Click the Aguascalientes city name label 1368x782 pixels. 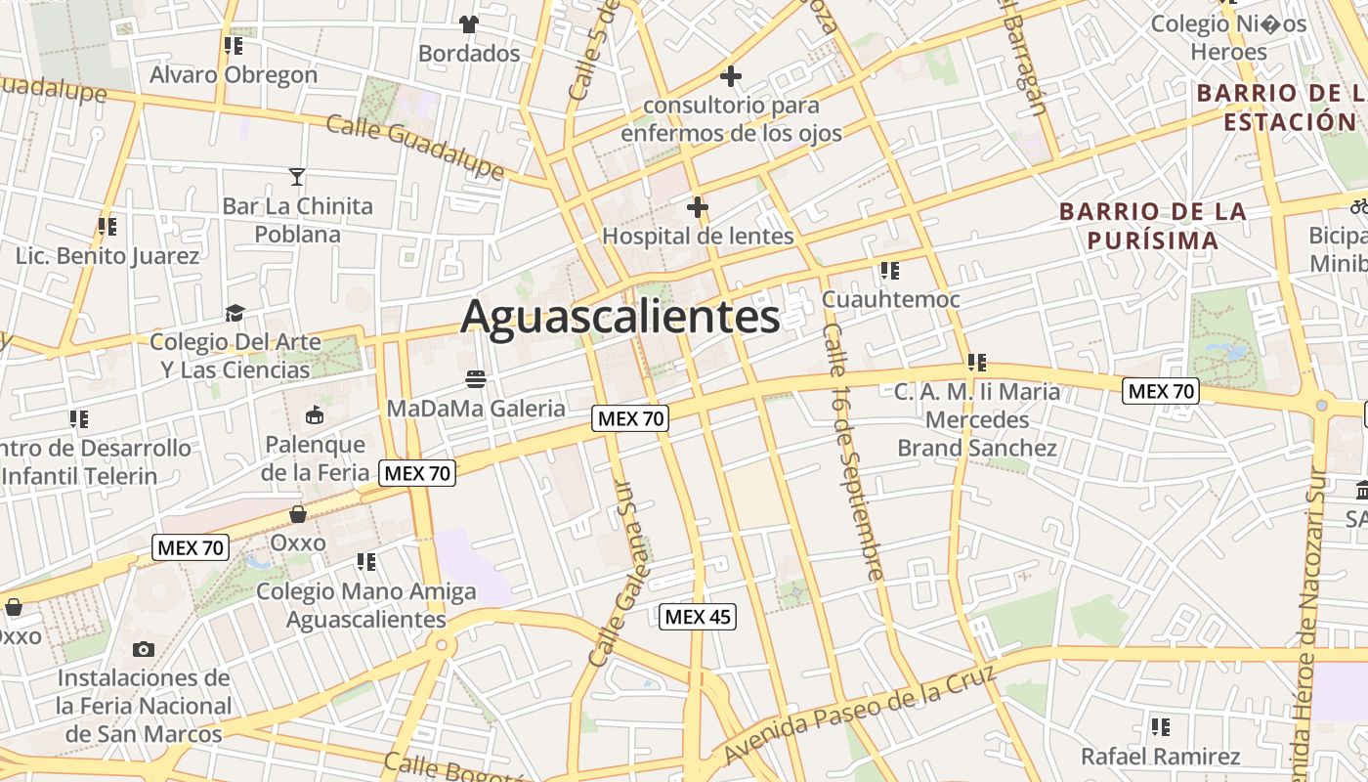(x=620, y=317)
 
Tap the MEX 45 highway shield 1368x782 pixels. (x=698, y=617)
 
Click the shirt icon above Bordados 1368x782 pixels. (x=469, y=23)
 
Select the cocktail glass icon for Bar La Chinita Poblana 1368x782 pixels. (x=297, y=177)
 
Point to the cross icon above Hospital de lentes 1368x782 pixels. (x=697, y=207)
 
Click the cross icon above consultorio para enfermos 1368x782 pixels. (x=730, y=75)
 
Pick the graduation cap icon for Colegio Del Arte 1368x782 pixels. (x=235, y=313)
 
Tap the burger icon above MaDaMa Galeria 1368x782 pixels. (x=476, y=378)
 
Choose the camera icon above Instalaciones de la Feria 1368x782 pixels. (x=144, y=649)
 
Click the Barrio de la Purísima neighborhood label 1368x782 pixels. (x=1153, y=226)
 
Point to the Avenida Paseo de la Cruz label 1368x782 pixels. (x=860, y=712)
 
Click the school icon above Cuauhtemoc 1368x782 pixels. (x=889, y=270)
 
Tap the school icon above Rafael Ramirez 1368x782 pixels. (x=1160, y=726)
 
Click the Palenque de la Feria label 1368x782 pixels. (x=316, y=458)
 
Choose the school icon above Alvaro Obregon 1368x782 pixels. (x=233, y=45)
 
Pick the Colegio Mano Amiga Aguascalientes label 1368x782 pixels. (x=366, y=605)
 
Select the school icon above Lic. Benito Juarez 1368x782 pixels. (x=107, y=227)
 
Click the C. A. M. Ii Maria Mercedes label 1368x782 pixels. (x=977, y=419)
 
